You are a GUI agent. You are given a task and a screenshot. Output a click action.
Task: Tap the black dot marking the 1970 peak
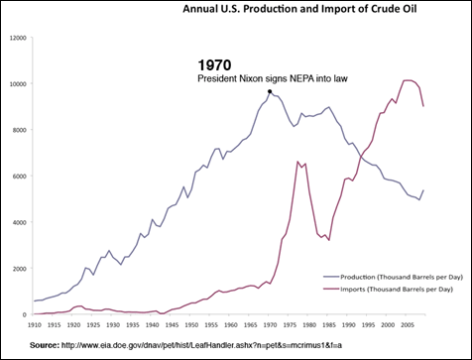270,91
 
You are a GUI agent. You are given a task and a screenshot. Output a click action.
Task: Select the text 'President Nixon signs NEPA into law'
279,77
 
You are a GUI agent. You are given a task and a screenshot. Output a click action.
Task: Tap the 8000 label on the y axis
19,130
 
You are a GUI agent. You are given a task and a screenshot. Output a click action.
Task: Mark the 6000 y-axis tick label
19,176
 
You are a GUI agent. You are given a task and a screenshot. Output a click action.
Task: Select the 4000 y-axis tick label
19,222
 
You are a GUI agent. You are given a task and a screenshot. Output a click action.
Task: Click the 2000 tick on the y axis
19,268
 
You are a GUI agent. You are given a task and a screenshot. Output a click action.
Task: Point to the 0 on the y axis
26,314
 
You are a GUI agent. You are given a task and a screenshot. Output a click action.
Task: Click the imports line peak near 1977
297,162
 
